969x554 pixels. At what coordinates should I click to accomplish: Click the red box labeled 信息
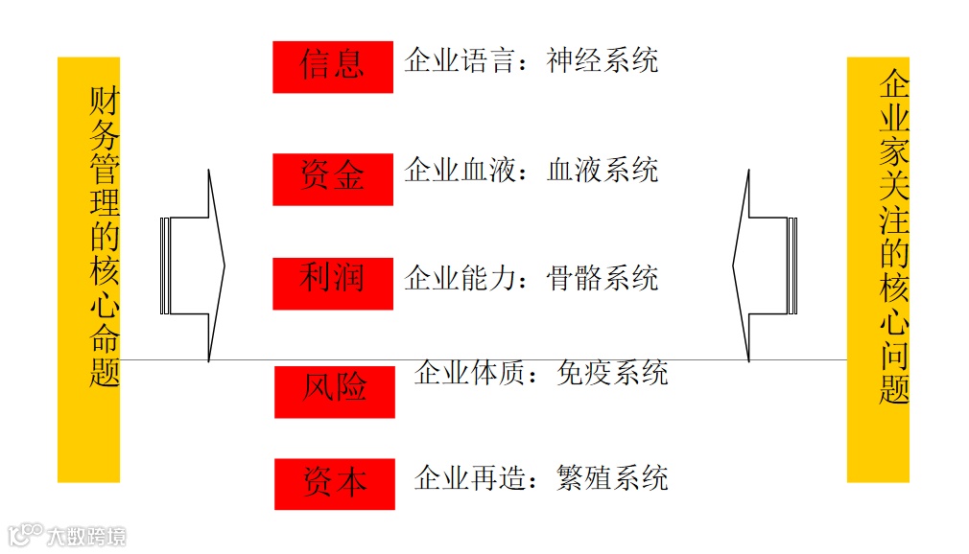point(332,66)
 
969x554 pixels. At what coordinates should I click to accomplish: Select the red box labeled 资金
point(332,178)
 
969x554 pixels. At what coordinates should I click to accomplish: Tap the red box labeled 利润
point(332,283)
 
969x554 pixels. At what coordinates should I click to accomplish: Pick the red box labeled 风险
point(334,391)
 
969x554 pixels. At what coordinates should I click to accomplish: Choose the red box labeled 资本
point(334,483)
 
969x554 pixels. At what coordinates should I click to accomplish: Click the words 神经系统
point(603,60)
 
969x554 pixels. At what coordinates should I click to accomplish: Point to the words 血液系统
point(603,171)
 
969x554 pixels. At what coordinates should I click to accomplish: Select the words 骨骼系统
point(603,279)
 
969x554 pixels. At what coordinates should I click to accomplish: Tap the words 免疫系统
point(612,372)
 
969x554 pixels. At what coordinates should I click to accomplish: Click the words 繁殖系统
point(612,477)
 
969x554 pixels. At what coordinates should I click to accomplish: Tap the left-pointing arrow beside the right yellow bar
point(764,265)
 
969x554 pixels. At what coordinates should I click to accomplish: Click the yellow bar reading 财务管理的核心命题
point(88,268)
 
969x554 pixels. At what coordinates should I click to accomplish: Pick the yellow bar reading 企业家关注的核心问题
point(878,268)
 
